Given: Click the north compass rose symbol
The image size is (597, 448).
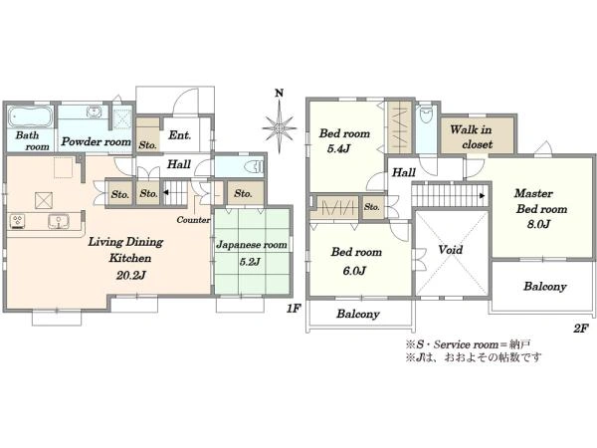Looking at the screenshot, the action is [x=280, y=127].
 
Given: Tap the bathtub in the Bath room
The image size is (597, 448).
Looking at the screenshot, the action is [x=31, y=115].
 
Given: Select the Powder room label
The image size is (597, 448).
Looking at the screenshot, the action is [x=96, y=141].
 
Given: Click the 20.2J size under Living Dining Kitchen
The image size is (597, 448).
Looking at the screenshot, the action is [x=131, y=275].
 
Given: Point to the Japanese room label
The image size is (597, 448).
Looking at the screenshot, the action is [x=252, y=245].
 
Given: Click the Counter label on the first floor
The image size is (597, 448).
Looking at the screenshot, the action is [x=193, y=220].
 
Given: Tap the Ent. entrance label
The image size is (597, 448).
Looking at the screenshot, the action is [x=180, y=134].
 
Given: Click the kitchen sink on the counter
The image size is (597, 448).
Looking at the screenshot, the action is [x=59, y=221].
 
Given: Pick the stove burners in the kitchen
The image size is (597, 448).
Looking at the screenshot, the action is [x=17, y=222].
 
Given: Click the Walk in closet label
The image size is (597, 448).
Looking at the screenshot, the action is [x=472, y=137].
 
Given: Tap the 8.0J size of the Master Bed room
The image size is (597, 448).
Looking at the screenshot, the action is [x=538, y=224].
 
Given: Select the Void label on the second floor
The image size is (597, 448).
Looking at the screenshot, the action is [x=451, y=250].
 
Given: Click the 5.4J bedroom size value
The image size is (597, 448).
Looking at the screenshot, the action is [x=338, y=148].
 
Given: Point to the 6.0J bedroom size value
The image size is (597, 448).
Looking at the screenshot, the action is [x=354, y=271].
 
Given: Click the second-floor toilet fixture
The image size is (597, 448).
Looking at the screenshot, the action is [x=425, y=114].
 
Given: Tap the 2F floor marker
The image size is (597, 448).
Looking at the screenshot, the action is [x=581, y=328].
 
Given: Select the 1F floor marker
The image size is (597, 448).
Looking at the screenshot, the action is [x=294, y=308].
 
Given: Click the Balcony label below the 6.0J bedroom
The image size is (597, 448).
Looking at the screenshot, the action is [x=358, y=314].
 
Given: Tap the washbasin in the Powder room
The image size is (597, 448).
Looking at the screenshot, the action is [x=94, y=112].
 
